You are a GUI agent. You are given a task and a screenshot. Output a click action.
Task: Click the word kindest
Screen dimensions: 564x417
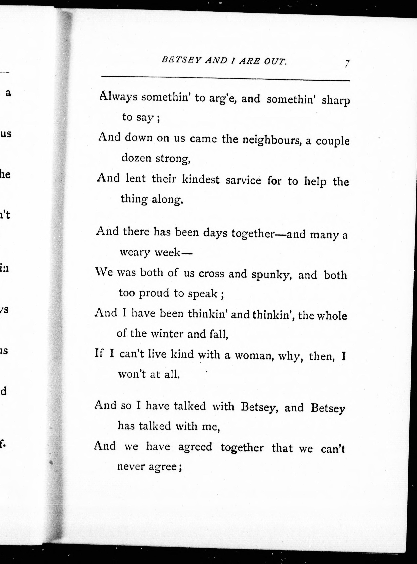click(201, 179)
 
